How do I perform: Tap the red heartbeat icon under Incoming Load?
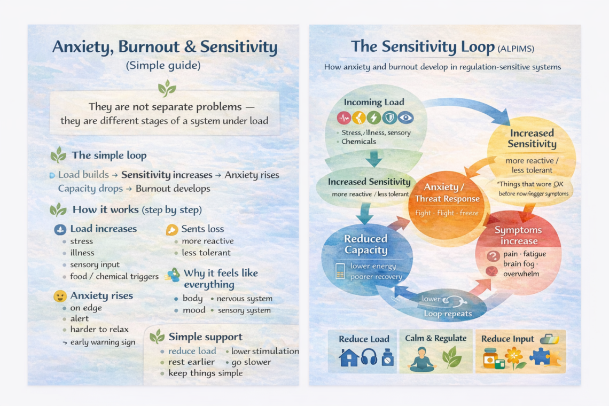click(344, 118)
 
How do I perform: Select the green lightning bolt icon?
click(375, 118)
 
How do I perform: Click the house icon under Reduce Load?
click(349, 357)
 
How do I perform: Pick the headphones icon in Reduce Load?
click(369, 357)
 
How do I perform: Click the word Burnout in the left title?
click(148, 47)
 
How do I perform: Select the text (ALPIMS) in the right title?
click(516, 49)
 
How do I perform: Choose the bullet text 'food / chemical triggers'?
click(114, 277)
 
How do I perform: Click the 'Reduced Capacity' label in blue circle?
click(365, 245)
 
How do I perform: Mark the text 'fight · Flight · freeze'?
click(447, 213)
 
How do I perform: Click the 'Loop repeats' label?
click(448, 314)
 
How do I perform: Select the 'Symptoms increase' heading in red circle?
click(518, 236)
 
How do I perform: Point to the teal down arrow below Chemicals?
click(374, 158)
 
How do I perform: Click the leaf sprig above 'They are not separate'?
click(166, 88)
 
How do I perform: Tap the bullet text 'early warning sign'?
click(103, 342)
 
